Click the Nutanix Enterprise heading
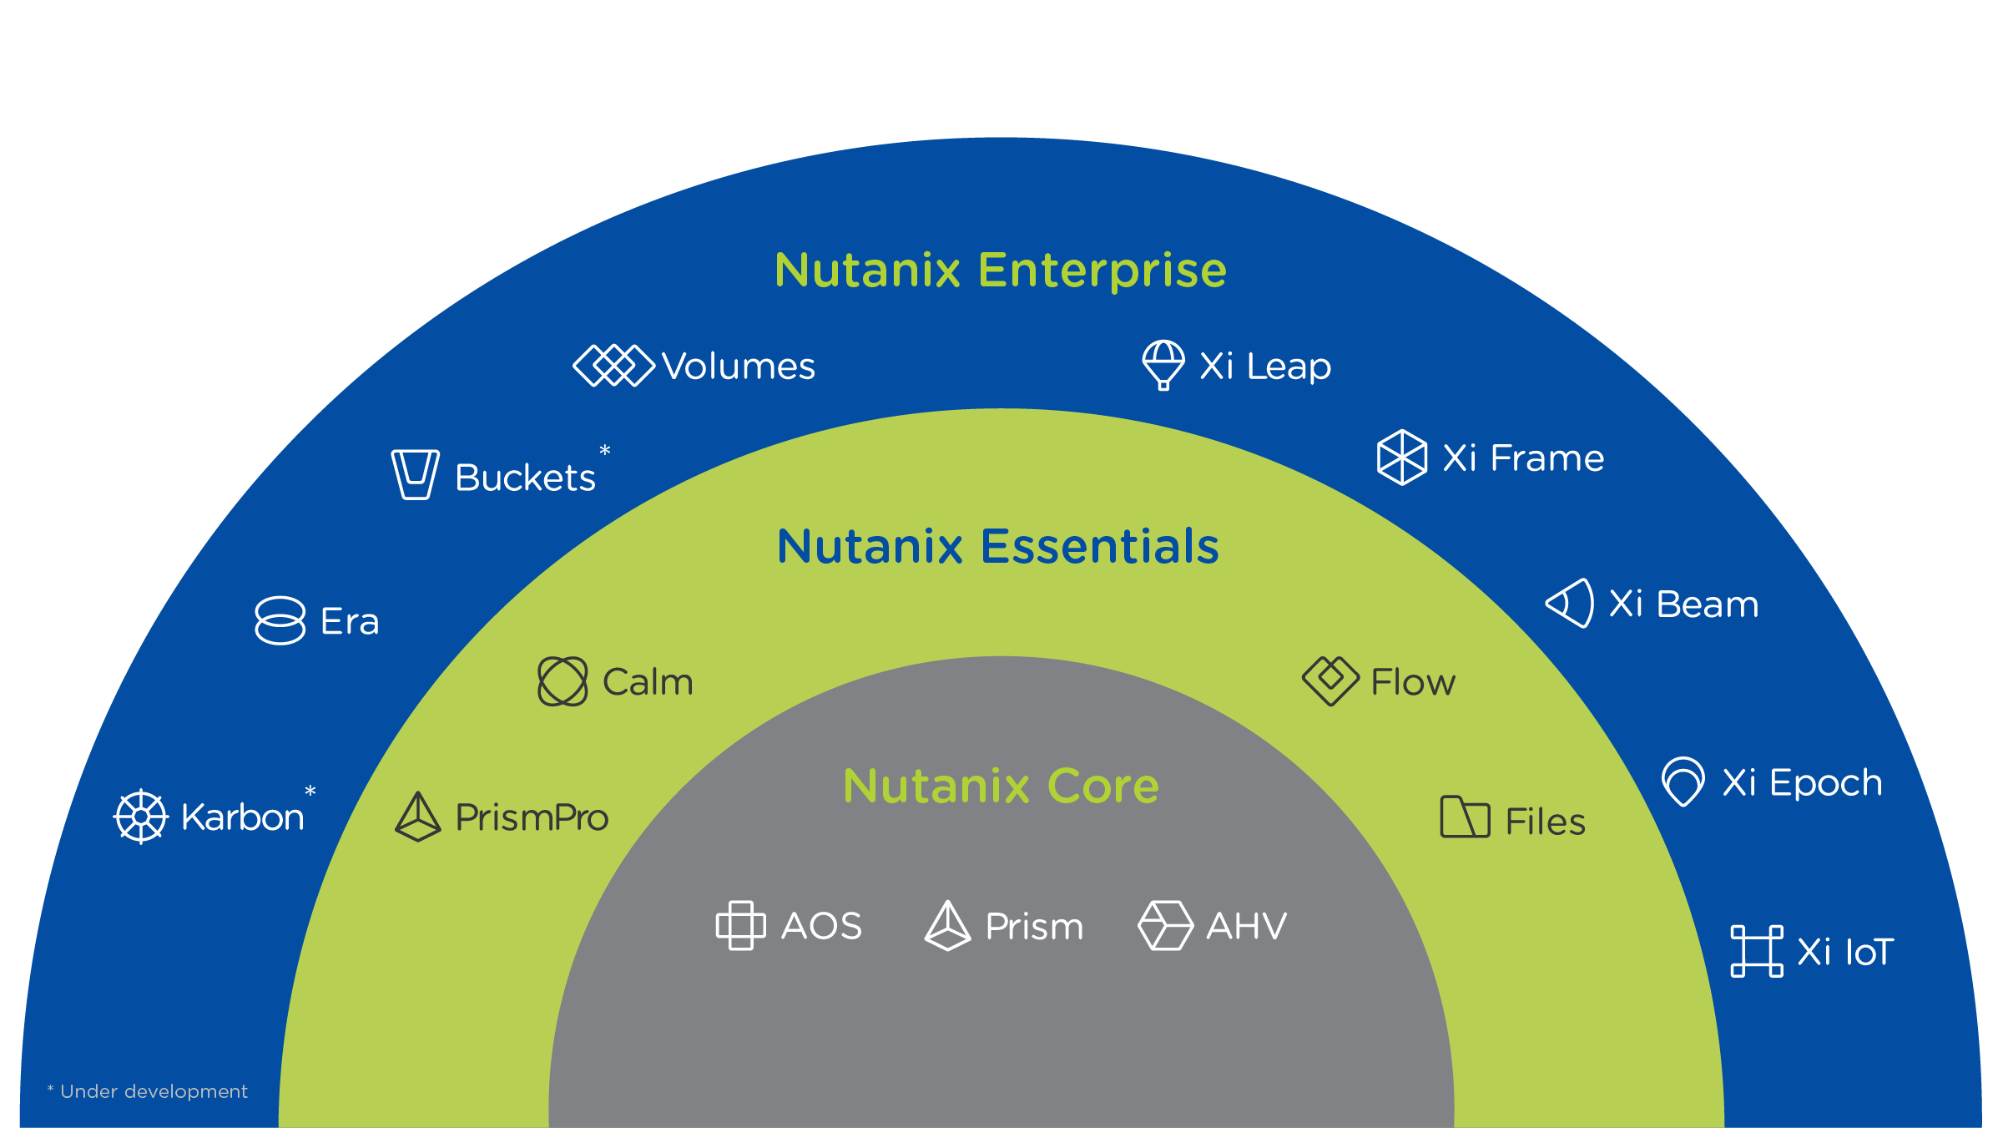coord(1001,270)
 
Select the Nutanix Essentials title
coord(998,546)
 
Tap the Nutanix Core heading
coord(1001,786)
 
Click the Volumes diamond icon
coord(614,366)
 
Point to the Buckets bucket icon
coord(415,474)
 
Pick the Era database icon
coord(280,620)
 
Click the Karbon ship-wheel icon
coord(141,816)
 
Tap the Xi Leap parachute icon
coord(1163,364)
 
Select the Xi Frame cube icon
coord(1402,458)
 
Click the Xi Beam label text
coord(1683,604)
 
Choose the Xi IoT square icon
coord(1757,951)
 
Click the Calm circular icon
coord(563,681)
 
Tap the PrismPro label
coord(532,817)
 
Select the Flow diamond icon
coord(1330,680)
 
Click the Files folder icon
coord(1465,817)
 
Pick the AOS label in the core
coord(821,926)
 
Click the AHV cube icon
coord(1165,925)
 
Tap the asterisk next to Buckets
coord(605,452)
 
